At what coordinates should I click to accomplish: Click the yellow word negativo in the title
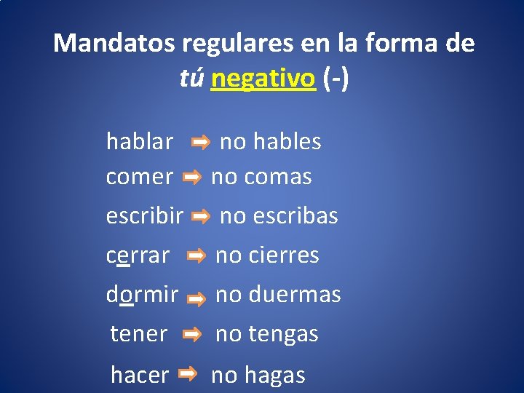click(263, 79)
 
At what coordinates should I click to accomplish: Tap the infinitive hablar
click(140, 141)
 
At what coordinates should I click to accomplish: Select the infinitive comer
click(140, 176)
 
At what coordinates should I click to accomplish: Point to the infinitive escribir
click(145, 215)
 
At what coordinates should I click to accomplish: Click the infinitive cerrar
click(138, 255)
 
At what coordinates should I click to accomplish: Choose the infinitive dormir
click(142, 294)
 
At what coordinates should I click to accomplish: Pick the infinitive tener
click(139, 333)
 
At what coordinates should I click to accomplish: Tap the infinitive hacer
click(140, 375)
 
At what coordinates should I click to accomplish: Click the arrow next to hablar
click(201, 143)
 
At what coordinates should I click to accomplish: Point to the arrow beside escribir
click(201, 216)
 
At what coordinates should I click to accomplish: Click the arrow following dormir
click(196, 297)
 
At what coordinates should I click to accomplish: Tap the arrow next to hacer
click(187, 374)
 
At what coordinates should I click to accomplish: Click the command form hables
click(287, 141)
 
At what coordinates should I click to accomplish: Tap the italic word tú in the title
click(191, 79)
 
